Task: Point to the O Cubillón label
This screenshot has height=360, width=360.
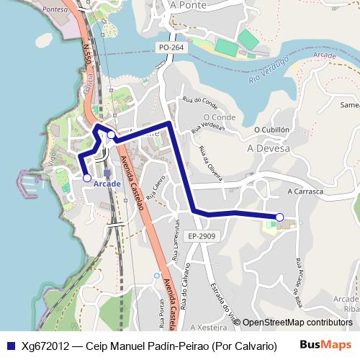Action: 271,130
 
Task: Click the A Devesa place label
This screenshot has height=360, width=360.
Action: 268,148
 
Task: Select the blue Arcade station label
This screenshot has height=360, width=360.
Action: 107,184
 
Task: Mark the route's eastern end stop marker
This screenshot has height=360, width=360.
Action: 280,217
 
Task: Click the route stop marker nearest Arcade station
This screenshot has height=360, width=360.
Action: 87,177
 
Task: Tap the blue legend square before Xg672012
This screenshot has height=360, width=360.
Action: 11,346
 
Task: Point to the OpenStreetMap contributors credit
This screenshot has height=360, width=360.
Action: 297,323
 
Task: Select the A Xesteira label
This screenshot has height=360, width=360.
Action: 208,326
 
